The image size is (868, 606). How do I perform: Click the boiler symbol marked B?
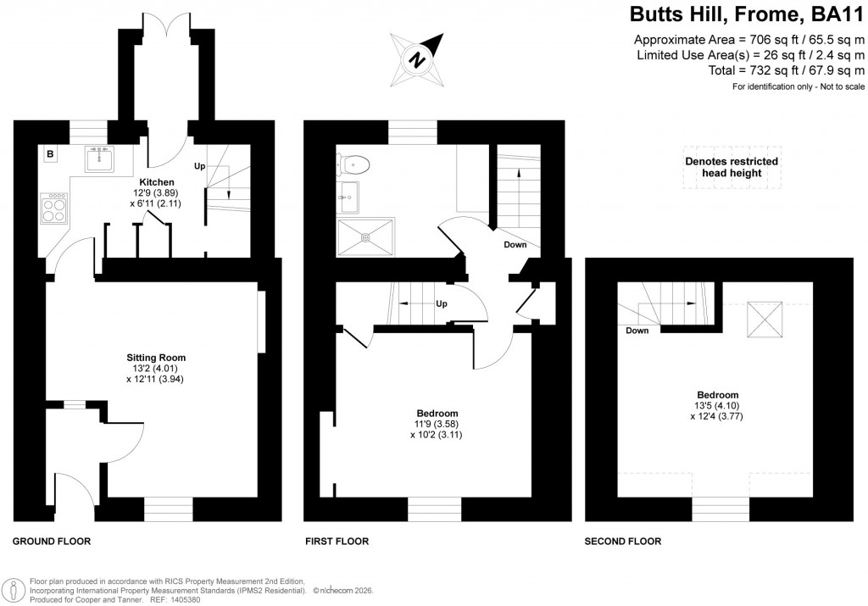(50, 154)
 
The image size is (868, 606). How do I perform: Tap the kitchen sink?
(101, 158)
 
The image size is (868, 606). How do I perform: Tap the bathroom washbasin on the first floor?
(348, 200)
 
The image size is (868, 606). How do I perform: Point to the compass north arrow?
(418, 58)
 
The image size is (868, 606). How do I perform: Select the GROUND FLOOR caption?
(52, 541)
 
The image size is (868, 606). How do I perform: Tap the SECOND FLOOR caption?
(623, 541)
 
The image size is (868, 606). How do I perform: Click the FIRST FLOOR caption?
(337, 541)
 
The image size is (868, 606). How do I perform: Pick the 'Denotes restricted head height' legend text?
(732, 167)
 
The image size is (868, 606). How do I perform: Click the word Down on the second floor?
(637, 331)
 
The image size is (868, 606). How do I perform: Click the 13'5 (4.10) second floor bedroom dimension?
(717, 406)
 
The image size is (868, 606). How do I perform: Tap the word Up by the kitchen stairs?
(200, 165)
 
